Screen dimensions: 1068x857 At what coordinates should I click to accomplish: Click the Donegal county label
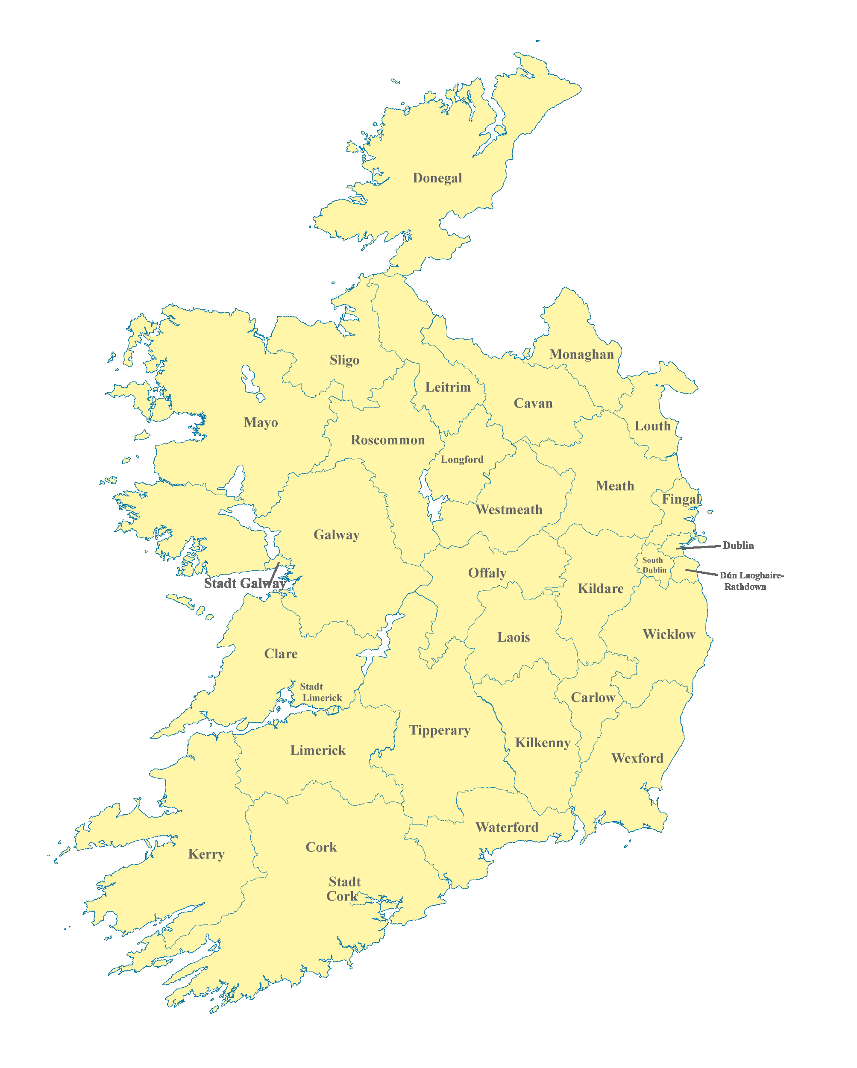click(x=437, y=178)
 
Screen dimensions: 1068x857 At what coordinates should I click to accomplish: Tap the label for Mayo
click(x=261, y=423)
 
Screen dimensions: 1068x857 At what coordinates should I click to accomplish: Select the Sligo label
click(x=344, y=360)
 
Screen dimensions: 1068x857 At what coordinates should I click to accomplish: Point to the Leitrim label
click(x=448, y=387)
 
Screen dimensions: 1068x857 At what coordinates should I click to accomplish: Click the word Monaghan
click(x=581, y=354)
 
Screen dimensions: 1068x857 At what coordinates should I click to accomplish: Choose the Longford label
click(x=462, y=459)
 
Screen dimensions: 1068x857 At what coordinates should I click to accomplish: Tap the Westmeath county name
click(x=509, y=510)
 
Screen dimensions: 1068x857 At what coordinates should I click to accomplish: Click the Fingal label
click(x=681, y=499)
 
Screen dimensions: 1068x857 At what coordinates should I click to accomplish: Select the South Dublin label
click(x=654, y=565)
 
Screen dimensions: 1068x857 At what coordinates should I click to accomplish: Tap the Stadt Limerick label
click(x=320, y=692)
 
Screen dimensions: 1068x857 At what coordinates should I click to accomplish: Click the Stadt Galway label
click(x=244, y=584)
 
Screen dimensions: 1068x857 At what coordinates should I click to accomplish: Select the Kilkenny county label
click(x=543, y=742)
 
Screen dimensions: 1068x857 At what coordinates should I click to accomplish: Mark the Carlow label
click(x=593, y=698)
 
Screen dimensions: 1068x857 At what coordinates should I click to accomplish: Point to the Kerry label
click(x=206, y=854)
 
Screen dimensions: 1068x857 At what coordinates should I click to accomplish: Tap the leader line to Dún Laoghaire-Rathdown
click(x=701, y=572)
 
